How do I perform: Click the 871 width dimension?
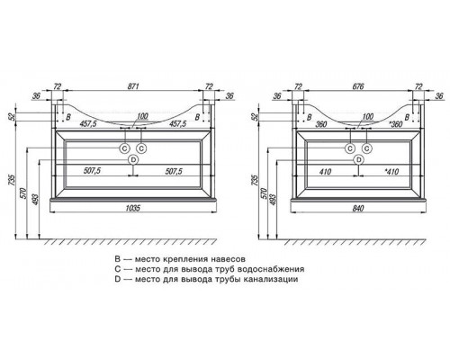pyautogui.click(x=133, y=86)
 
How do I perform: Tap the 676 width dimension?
pyautogui.click(x=358, y=86)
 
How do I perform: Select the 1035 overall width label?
pyautogui.click(x=133, y=208)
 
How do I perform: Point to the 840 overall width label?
pyautogui.click(x=358, y=208)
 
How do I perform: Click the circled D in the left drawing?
pyautogui.click(x=133, y=160)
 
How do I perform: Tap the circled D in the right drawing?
pyautogui.click(x=358, y=160)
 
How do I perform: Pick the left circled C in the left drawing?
pyautogui.click(x=124, y=148)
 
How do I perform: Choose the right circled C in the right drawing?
pyautogui.click(x=367, y=148)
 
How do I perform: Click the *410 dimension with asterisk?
pyautogui.click(x=391, y=171)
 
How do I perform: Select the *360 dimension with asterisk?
pyautogui.click(x=395, y=124)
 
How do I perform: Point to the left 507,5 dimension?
pyautogui.click(x=92, y=171)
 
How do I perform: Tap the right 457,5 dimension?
pyautogui.click(x=177, y=123)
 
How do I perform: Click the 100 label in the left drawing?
pyautogui.click(x=142, y=116)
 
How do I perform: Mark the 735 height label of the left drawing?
pyautogui.click(x=12, y=180)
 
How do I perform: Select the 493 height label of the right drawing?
pyautogui.click(x=273, y=199)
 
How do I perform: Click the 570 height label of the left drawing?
pyautogui.click(x=24, y=193)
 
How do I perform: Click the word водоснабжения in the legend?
pyautogui.click(x=271, y=269)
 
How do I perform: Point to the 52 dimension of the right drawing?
pyautogui.click(x=256, y=116)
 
